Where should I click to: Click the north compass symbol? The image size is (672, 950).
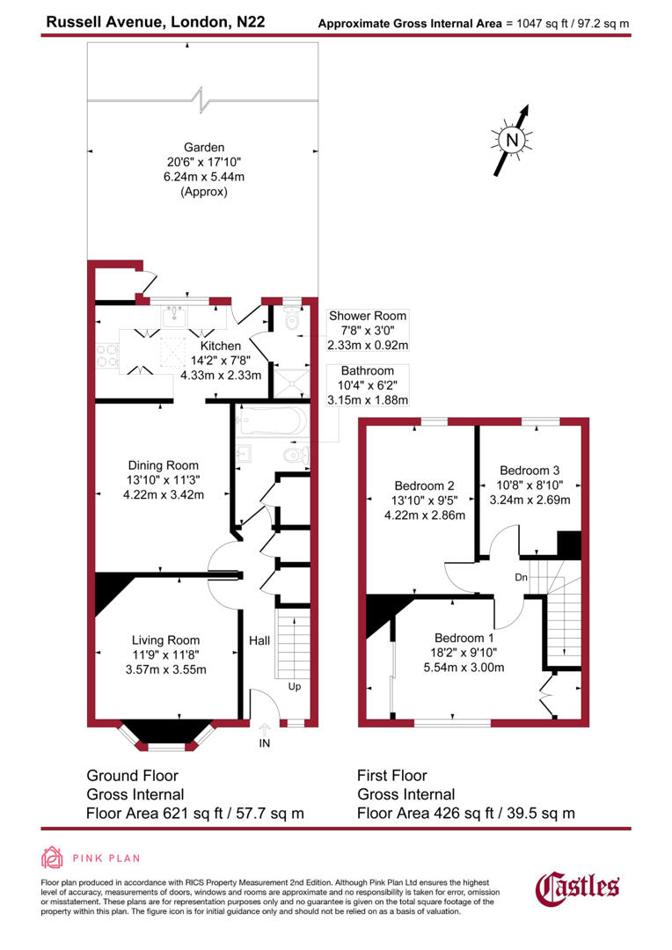coord(513,138)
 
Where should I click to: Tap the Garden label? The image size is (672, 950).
coord(204,148)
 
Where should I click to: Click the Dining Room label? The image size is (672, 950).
coord(164,465)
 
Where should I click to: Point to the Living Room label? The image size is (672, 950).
coord(165,640)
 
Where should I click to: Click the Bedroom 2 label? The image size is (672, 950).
coord(424,486)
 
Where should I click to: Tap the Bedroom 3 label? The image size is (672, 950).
coord(530,471)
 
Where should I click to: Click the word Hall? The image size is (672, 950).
coord(259,641)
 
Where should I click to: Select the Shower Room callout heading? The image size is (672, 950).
coord(368,316)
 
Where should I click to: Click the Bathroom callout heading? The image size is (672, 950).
coord(368,372)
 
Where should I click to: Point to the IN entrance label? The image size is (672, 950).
coord(265,743)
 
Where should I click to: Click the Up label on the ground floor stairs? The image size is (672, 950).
coord(295,685)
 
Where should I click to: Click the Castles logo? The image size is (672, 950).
coord(578,887)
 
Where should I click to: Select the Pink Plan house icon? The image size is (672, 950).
coord(52,858)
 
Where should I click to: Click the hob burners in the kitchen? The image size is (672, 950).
coord(107,354)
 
